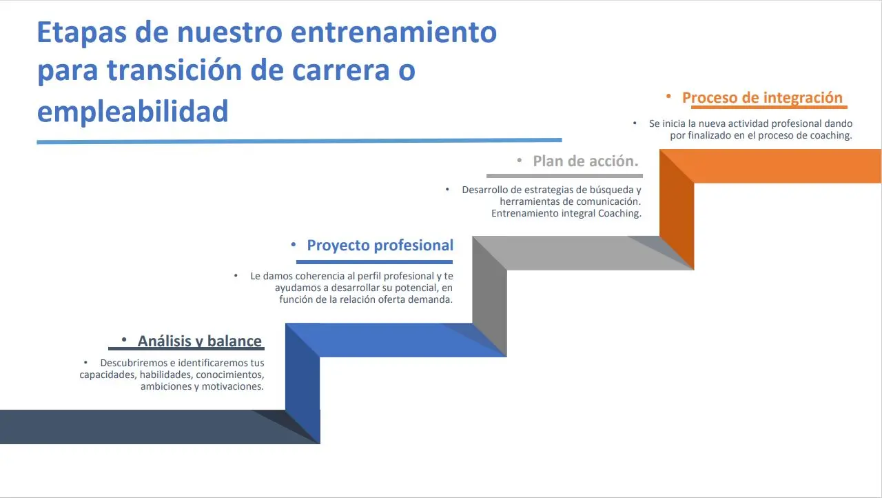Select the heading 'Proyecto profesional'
click(380, 246)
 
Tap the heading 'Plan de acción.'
click(586, 161)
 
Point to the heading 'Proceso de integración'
click(762, 97)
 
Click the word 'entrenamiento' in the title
click(398, 32)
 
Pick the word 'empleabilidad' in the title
click(132, 110)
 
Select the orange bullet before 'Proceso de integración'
click(668, 97)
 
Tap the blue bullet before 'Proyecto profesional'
click(293, 245)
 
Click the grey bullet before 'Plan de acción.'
click(520, 161)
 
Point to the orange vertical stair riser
click(676, 207)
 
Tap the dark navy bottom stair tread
click(138, 427)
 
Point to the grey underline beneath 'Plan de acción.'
click(564, 175)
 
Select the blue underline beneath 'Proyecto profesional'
click(374, 262)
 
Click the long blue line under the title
click(299, 141)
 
